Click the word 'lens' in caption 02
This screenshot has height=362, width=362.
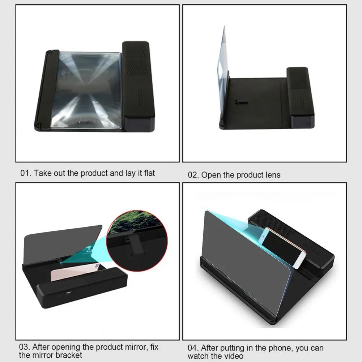tap(272, 175)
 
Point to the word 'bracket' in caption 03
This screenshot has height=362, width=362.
tap(69, 355)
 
